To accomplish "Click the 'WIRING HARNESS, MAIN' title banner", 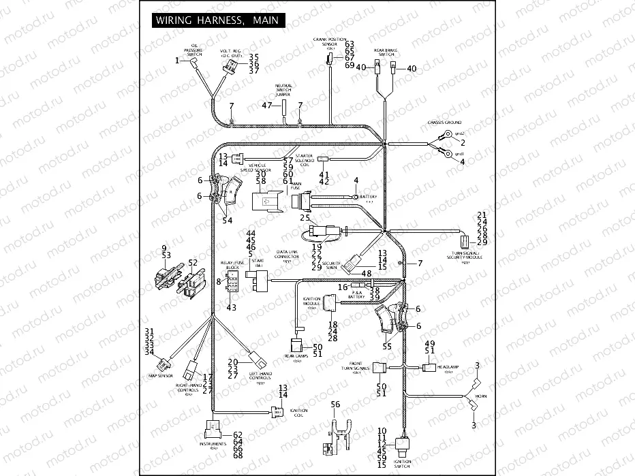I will pyautogui.click(x=216, y=20).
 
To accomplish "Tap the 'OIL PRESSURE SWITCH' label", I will pyautogui.click(x=194, y=49).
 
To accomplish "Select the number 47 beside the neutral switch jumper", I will pyautogui.click(x=267, y=105).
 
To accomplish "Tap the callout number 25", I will pyautogui.click(x=305, y=217).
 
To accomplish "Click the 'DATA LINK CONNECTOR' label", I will pyautogui.click(x=288, y=255).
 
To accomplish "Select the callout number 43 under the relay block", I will pyautogui.click(x=231, y=308).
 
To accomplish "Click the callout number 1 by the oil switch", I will pyautogui.click(x=177, y=61).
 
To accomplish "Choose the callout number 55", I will pyautogui.click(x=388, y=346).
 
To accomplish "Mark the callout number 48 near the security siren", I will pyautogui.click(x=367, y=274).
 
